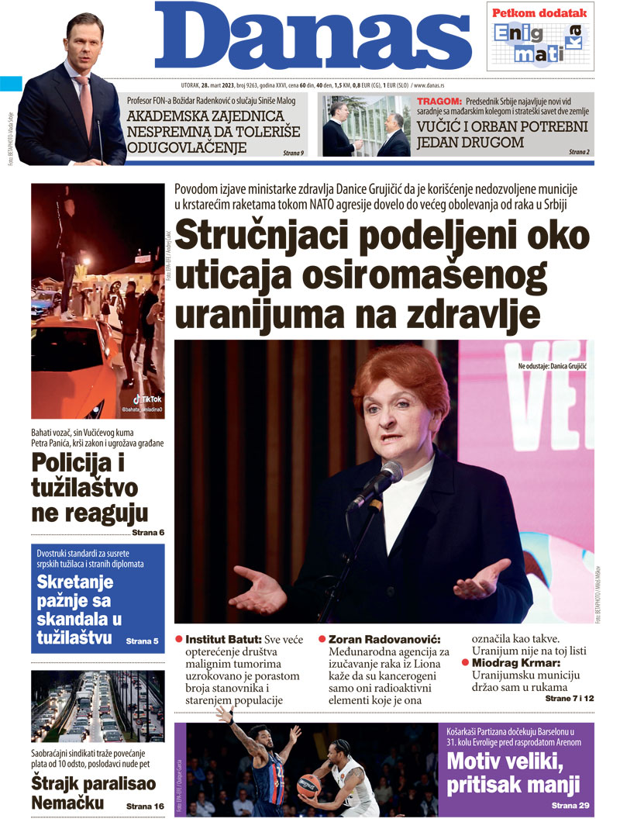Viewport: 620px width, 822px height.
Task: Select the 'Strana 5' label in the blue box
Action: [142, 641]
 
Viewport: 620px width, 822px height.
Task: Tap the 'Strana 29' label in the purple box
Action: [570, 806]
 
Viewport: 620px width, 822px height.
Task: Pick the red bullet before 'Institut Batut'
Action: [179, 640]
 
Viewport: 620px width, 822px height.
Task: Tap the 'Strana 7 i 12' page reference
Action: [568, 699]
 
